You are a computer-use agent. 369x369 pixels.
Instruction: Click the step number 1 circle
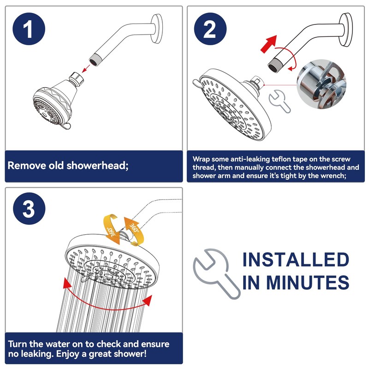click(29, 29)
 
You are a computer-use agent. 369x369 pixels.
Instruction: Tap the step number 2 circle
click(210, 29)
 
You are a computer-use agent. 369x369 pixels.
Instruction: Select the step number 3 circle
click(29, 208)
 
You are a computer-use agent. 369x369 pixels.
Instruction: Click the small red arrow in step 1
click(86, 69)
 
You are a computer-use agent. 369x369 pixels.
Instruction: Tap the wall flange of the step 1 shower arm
click(156, 29)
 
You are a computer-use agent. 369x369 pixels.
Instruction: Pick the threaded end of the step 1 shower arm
click(95, 59)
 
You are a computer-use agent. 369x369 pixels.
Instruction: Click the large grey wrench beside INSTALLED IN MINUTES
click(216, 273)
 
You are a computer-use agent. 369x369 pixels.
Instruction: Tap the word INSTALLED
click(296, 260)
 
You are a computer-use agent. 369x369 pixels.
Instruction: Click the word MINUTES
click(308, 282)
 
